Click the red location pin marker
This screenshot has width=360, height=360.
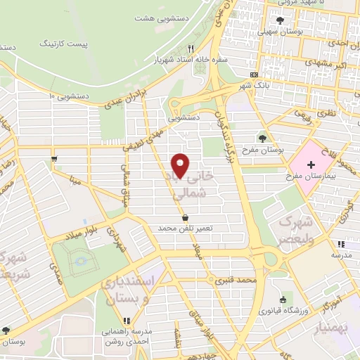coord(181,165)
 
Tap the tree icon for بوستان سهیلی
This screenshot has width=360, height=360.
coord(281,20)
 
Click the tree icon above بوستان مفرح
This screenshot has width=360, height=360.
coord(262,138)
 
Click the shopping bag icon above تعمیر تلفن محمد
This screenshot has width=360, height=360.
coord(184,217)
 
